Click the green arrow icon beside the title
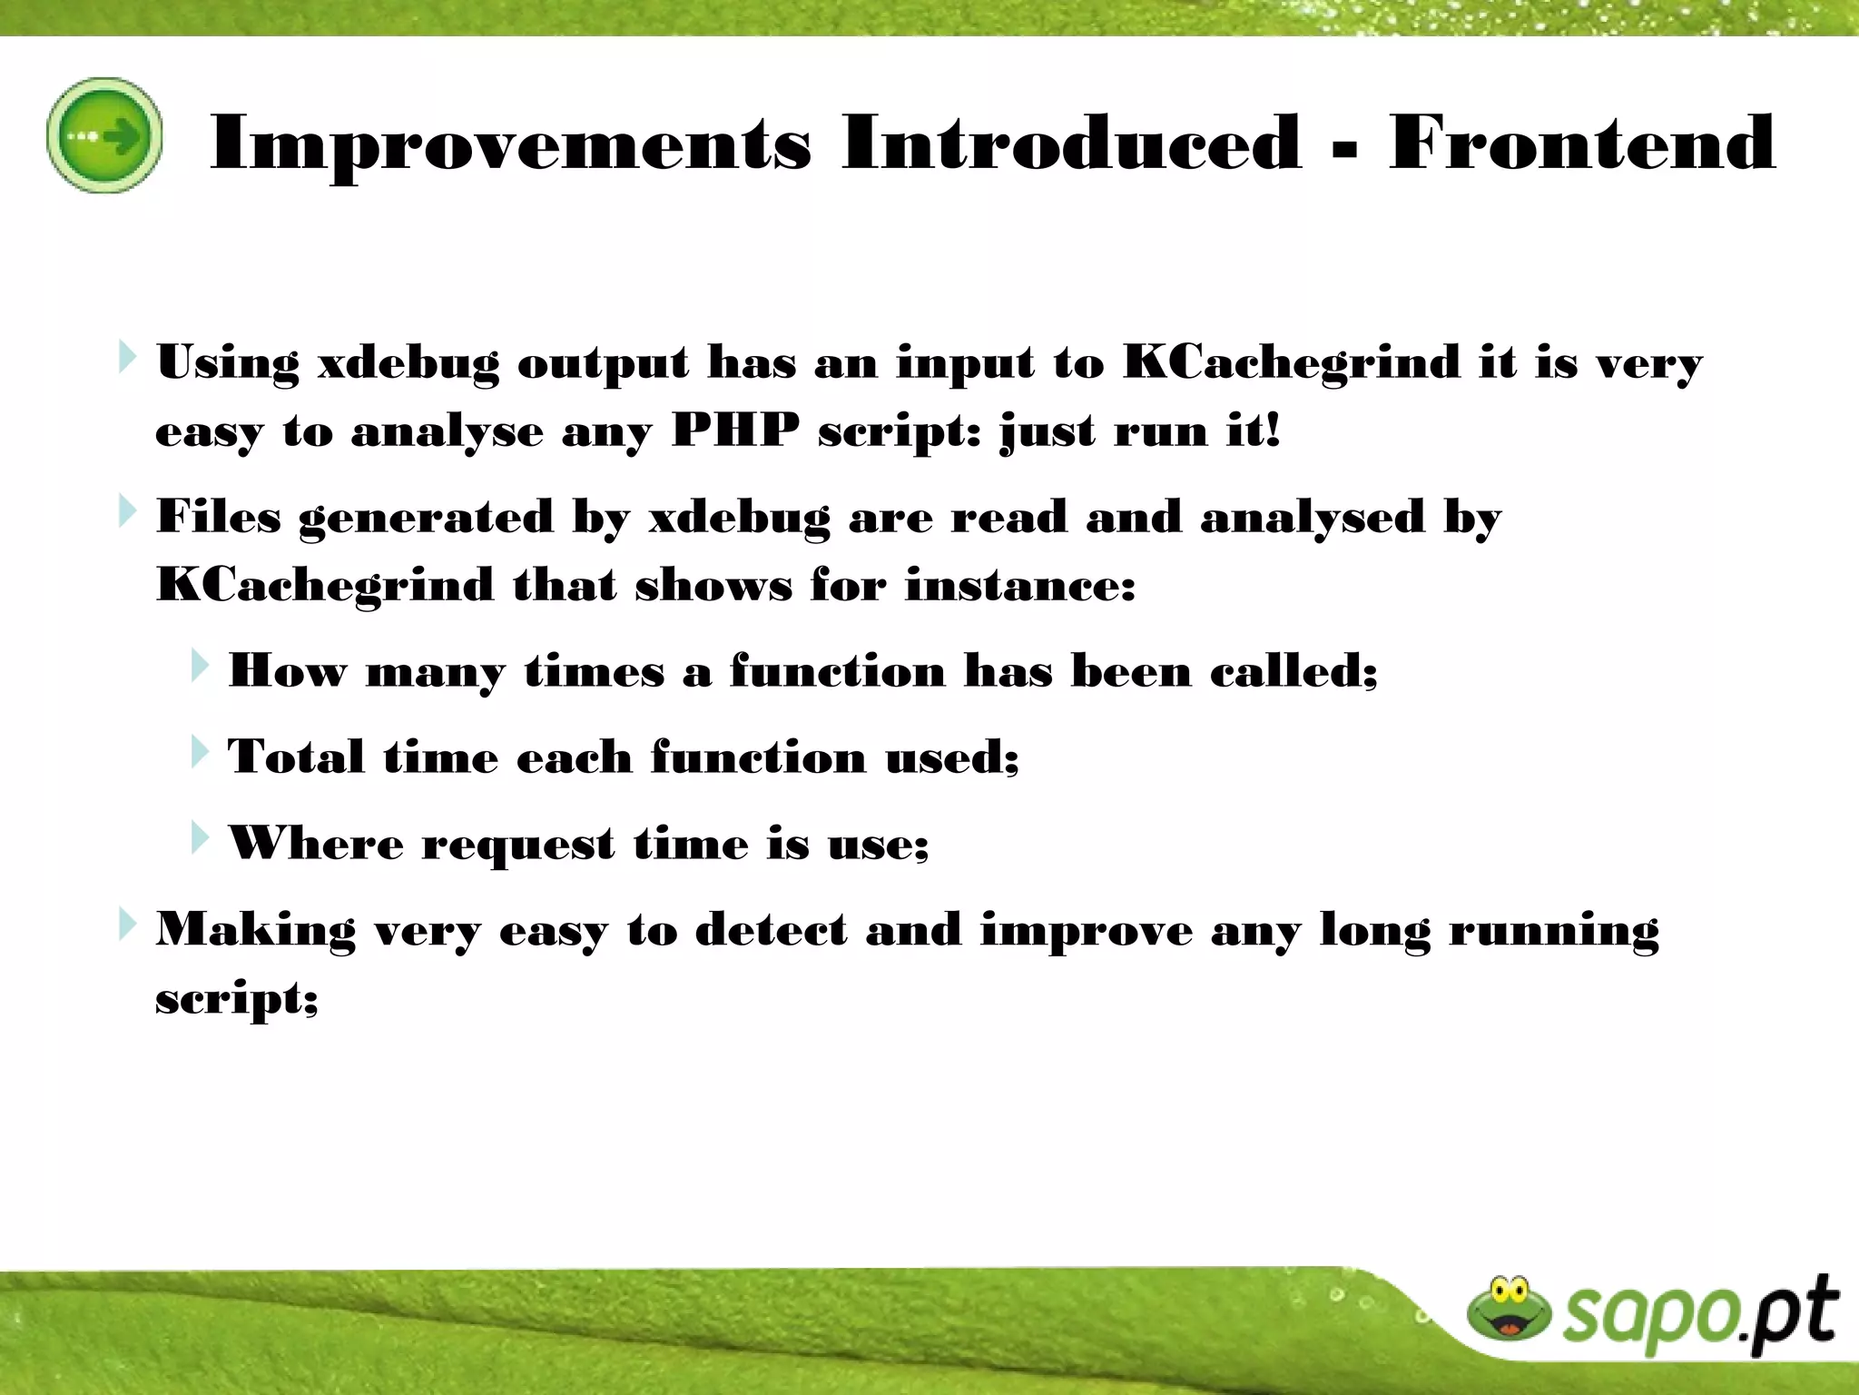(x=105, y=136)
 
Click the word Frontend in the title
(x=1581, y=143)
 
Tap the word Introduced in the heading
(x=1071, y=143)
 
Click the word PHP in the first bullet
(x=735, y=430)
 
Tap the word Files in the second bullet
(x=219, y=517)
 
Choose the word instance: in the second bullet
(x=1020, y=585)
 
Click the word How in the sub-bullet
(x=287, y=671)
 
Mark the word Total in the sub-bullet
(x=296, y=757)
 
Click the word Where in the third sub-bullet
(x=315, y=844)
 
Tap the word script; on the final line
(x=237, y=999)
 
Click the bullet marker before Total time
(x=200, y=752)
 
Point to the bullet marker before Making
(x=127, y=925)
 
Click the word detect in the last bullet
(x=771, y=930)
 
